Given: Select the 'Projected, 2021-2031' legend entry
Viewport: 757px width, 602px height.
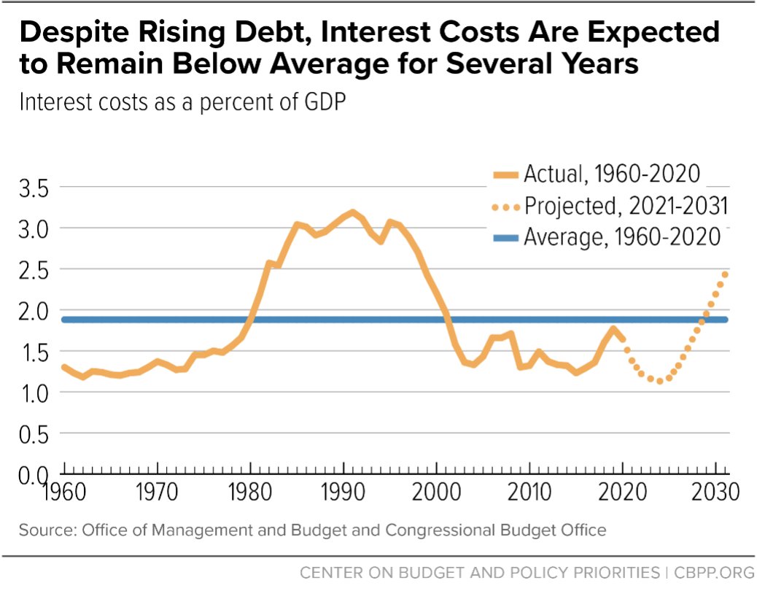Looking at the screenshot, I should pyautogui.click(x=626, y=206).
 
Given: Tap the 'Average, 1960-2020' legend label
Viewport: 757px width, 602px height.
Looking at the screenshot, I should pyautogui.click(x=622, y=237).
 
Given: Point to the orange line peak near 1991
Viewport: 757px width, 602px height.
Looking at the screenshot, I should pyautogui.click(x=352, y=212).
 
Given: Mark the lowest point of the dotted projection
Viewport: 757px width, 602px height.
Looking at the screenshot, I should pyautogui.click(x=659, y=381).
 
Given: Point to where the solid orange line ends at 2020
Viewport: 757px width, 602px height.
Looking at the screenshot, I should pyautogui.click(x=622, y=339).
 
